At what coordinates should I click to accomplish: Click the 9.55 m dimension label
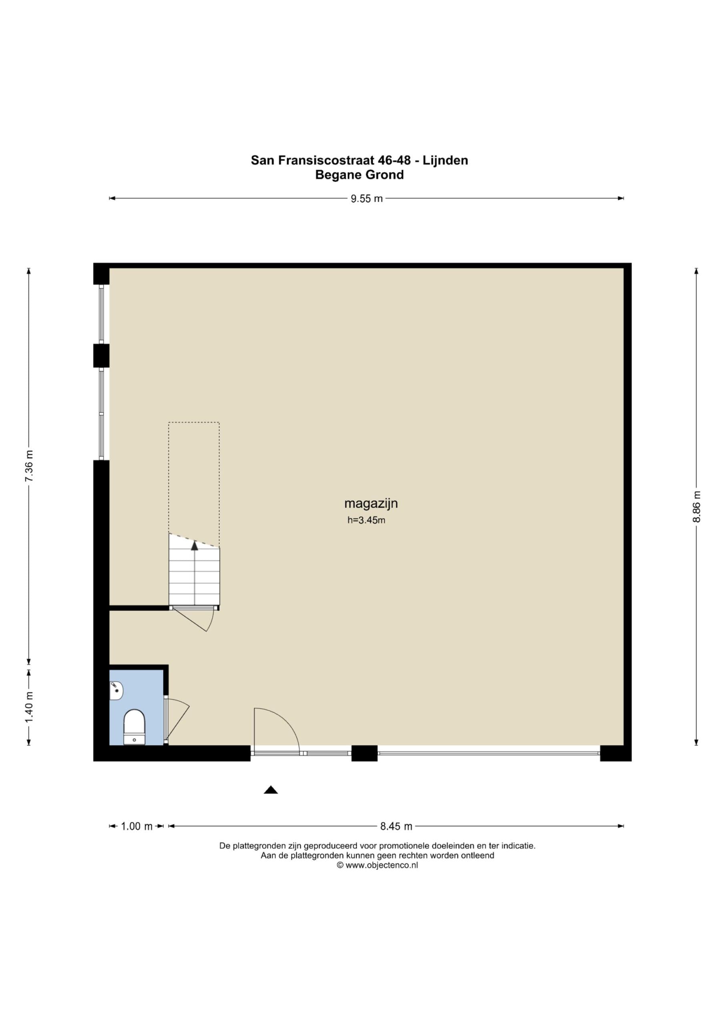click(367, 199)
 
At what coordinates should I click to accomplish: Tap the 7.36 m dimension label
click(29, 466)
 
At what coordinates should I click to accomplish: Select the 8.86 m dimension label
click(697, 506)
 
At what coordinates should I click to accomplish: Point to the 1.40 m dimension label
click(29, 707)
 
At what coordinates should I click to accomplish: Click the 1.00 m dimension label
click(137, 826)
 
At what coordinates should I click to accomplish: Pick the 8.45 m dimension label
click(396, 826)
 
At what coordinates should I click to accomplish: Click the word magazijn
click(371, 504)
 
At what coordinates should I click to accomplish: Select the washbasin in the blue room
click(116, 690)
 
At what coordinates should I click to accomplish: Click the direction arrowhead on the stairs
click(194, 545)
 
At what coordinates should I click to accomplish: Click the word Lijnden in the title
click(446, 160)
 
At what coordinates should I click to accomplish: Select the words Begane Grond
click(359, 175)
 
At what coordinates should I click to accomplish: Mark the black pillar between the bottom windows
click(364, 753)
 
